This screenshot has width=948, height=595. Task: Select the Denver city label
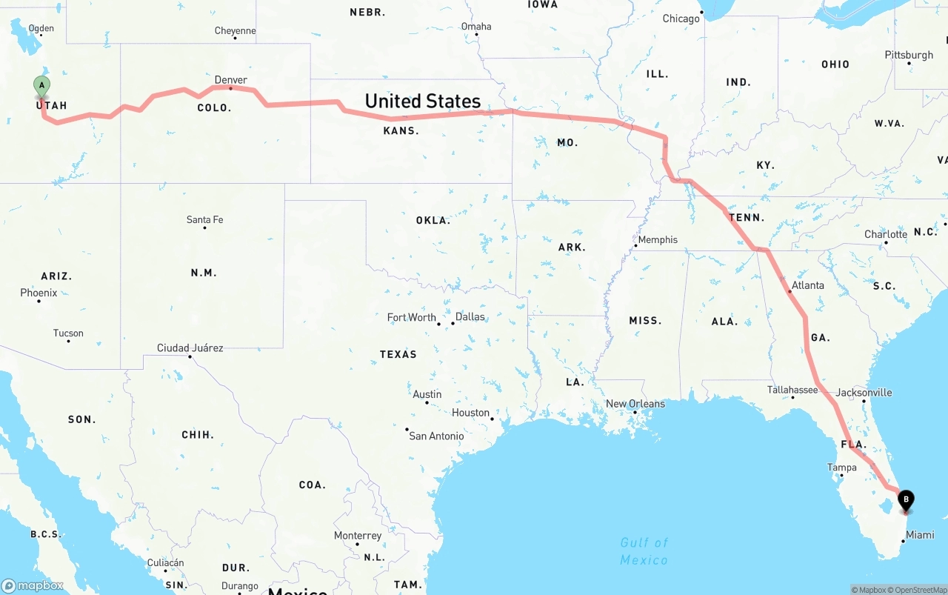(x=231, y=80)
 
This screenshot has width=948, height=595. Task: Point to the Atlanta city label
(x=807, y=285)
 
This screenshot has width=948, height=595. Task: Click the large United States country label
(x=422, y=101)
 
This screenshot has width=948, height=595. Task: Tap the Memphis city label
(x=658, y=240)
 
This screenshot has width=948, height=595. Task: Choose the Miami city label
(x=920, y=535)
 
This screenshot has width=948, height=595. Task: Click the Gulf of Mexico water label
(x=644, y=551)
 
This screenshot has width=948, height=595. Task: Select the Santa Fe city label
(x=204, y=220)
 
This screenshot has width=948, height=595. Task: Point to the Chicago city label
(x=681, y=19)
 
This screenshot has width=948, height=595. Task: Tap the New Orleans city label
(x=635, y=404)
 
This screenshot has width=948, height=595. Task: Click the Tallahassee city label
(x=792, y=390)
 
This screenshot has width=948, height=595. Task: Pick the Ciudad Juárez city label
(x=190, y=348)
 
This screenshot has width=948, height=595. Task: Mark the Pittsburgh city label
(x=909, y=55)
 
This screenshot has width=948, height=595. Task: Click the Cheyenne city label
(x=235, y=31)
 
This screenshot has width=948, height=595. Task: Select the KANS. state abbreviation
(x=401, y=130)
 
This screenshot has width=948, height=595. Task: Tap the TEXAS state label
(x=398, y=354)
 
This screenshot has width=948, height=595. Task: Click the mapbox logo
(x=33, y=585)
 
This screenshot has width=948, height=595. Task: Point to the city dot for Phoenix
(x=39, y=301)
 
